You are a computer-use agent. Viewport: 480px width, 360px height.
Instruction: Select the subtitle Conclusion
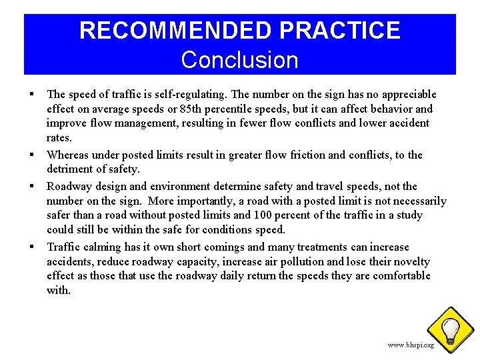click(x=239, y=60)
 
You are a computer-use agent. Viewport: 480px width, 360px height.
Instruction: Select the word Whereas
click(x=67, y=155)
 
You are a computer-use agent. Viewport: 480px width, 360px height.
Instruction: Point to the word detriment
click(x=71, y=170)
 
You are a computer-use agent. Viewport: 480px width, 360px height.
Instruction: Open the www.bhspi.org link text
click(x=411, y=345)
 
